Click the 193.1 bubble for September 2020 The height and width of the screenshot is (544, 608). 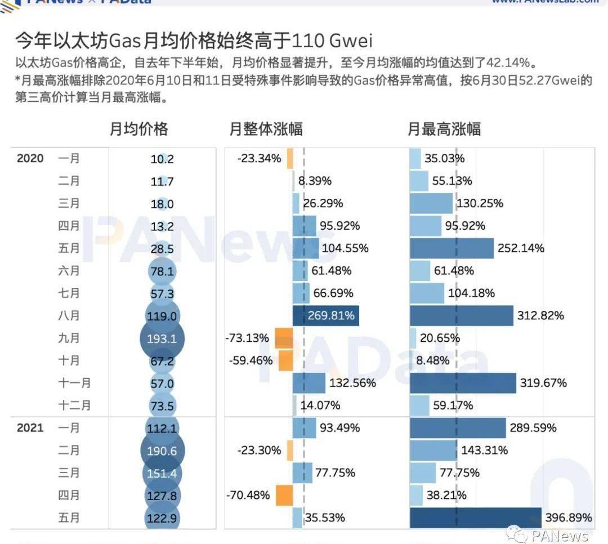coord(162,338)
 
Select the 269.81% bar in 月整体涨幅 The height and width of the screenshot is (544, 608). coord(326,315)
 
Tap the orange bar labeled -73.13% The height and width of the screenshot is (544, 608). coord(284,338)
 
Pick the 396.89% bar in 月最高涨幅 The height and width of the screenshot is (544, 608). coord(476,518)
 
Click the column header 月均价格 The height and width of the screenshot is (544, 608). coord(138,129)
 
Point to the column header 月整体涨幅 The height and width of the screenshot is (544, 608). coord(266,129)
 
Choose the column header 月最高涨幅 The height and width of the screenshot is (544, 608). coord(444,129)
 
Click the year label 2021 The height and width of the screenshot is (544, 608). coord(30,428)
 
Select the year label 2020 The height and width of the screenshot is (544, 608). coord(30,158)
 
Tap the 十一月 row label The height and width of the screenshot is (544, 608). coord(74,383)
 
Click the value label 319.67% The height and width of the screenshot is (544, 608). coord(543,383)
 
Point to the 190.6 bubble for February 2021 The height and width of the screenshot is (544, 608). coord(162,451)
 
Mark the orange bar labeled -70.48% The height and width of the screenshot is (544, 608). coord(284,496)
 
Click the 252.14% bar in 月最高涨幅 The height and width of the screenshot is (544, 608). coord(451,248)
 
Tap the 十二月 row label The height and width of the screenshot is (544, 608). coord(74,405)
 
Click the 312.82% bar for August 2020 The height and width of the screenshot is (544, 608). coord(462,315)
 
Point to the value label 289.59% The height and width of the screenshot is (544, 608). coord(533,428)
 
